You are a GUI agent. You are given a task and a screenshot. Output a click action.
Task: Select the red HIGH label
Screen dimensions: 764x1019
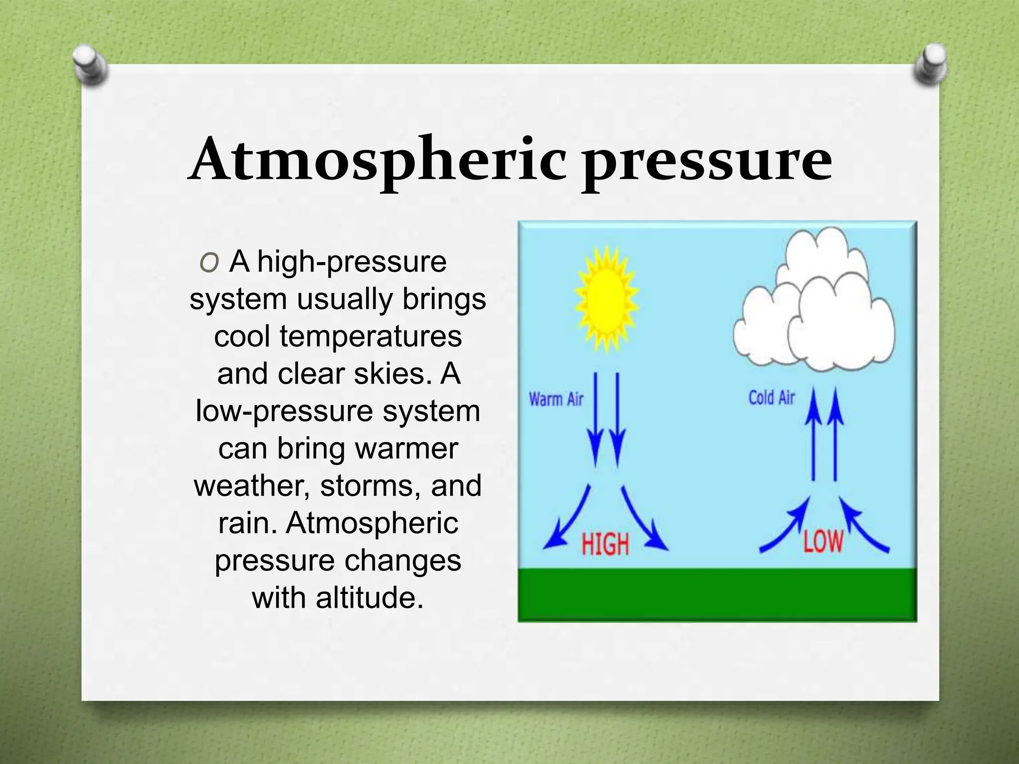click(605, 544)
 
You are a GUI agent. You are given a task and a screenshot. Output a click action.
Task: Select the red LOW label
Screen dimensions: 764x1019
click(823, 541)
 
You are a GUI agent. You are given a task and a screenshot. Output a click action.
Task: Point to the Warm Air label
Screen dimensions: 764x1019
click(556, 399)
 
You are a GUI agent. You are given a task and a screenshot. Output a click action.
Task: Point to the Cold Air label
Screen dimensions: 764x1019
click(772, 398)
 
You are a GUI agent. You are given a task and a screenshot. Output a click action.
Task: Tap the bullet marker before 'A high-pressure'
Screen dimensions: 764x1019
click(208, 263)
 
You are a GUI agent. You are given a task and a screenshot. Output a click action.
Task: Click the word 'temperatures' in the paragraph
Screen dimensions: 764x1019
click(371, 336)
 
